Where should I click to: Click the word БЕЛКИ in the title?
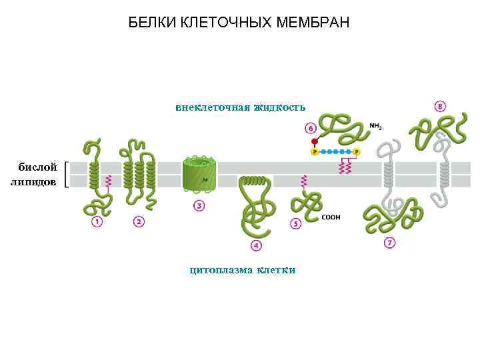pos(151,24)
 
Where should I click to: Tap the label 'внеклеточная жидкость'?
pos(240,107)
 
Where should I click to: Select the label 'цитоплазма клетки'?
pos(242,270)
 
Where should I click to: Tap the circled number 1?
pos(97,221)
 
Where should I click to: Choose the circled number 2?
pos(139,221)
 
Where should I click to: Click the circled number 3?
pos(199,205)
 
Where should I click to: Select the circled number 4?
pos(257,246)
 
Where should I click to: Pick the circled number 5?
pos(296,224)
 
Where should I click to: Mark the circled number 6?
pos(311,127)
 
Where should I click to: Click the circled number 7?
pos(390,243)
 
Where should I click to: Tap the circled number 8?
pos(441,106)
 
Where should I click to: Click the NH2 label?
pos(376,125)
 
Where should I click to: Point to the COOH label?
pos(331,217)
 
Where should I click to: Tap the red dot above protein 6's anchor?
pos(315,142)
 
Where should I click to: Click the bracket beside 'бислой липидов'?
pos(69,175)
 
